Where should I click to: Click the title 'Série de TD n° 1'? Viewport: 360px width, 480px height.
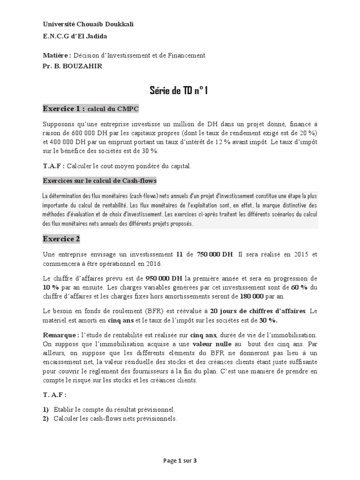tap(179, 90)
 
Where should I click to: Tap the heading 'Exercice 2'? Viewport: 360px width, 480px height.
tap(61, 239)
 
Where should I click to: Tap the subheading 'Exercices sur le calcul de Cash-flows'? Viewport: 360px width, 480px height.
tap(99, 180)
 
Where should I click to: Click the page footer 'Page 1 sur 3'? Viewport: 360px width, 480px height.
tap(180, 460)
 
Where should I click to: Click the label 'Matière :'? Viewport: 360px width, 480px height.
tap(57, 55)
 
